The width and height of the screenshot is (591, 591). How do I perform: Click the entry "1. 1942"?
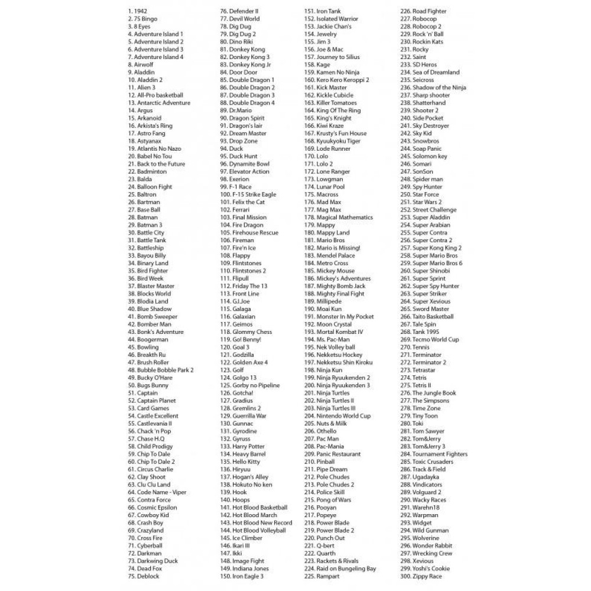tap(137, 11)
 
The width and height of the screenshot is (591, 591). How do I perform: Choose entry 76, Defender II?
tap(239, 11)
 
